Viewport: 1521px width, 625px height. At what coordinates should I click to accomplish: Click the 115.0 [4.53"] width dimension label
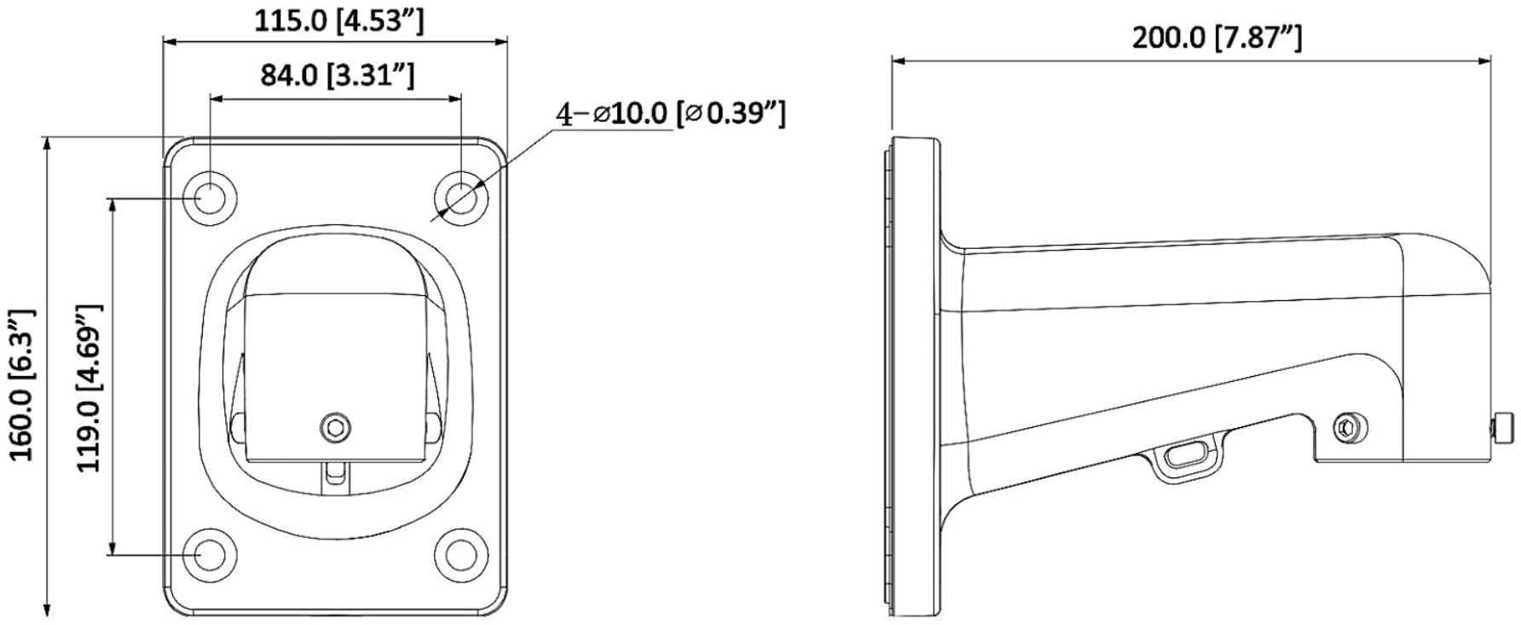click(x=338, y=20)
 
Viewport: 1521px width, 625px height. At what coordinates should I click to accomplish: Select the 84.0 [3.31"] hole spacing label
click(x=338, y=75)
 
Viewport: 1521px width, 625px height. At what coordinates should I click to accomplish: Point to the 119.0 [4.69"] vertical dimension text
click(x=90, y=388)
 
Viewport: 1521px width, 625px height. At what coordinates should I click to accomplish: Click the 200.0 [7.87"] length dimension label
click(x=1217, y=38)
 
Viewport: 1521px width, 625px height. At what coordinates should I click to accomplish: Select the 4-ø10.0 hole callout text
click(x=670, y=113)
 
